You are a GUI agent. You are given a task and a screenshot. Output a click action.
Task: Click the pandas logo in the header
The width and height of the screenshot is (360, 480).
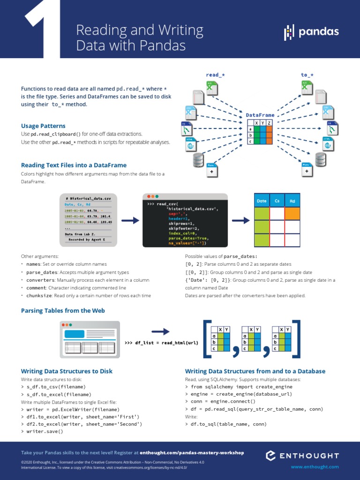pos(311,33)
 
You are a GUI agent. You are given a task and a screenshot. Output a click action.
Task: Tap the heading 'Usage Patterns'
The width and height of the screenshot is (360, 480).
pos(43,126)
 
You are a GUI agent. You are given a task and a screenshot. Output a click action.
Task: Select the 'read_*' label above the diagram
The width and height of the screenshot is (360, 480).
pos(215,75)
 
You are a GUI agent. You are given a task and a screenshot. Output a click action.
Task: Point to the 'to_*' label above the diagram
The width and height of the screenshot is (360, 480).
pos(307,75)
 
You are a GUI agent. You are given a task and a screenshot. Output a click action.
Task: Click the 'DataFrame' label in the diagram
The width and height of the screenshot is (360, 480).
pos(260,115)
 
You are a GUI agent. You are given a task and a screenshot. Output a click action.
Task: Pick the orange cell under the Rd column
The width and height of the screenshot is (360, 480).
pos(292,213)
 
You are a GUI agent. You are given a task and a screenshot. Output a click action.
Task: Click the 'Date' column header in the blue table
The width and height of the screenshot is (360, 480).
pos(262,201)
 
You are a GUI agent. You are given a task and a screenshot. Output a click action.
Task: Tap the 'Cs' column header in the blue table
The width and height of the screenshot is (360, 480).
pos(277,201)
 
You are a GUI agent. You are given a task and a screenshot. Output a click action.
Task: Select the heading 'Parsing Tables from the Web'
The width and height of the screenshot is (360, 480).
pos(63,310)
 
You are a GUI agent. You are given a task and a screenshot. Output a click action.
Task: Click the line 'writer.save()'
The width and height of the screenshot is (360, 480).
pos(45,432)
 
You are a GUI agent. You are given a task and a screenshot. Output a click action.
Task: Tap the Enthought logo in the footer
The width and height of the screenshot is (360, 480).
pos(302,455)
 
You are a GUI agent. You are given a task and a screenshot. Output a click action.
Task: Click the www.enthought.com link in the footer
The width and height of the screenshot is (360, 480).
pos(315,467)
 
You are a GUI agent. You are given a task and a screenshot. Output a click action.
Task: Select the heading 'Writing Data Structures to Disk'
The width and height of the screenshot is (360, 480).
pos(67,371)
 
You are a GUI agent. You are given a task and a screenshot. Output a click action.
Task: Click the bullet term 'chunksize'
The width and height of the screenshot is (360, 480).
pos(38,296)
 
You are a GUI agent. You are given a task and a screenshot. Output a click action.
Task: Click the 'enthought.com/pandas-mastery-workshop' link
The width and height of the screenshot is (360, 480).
pos(192,453)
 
